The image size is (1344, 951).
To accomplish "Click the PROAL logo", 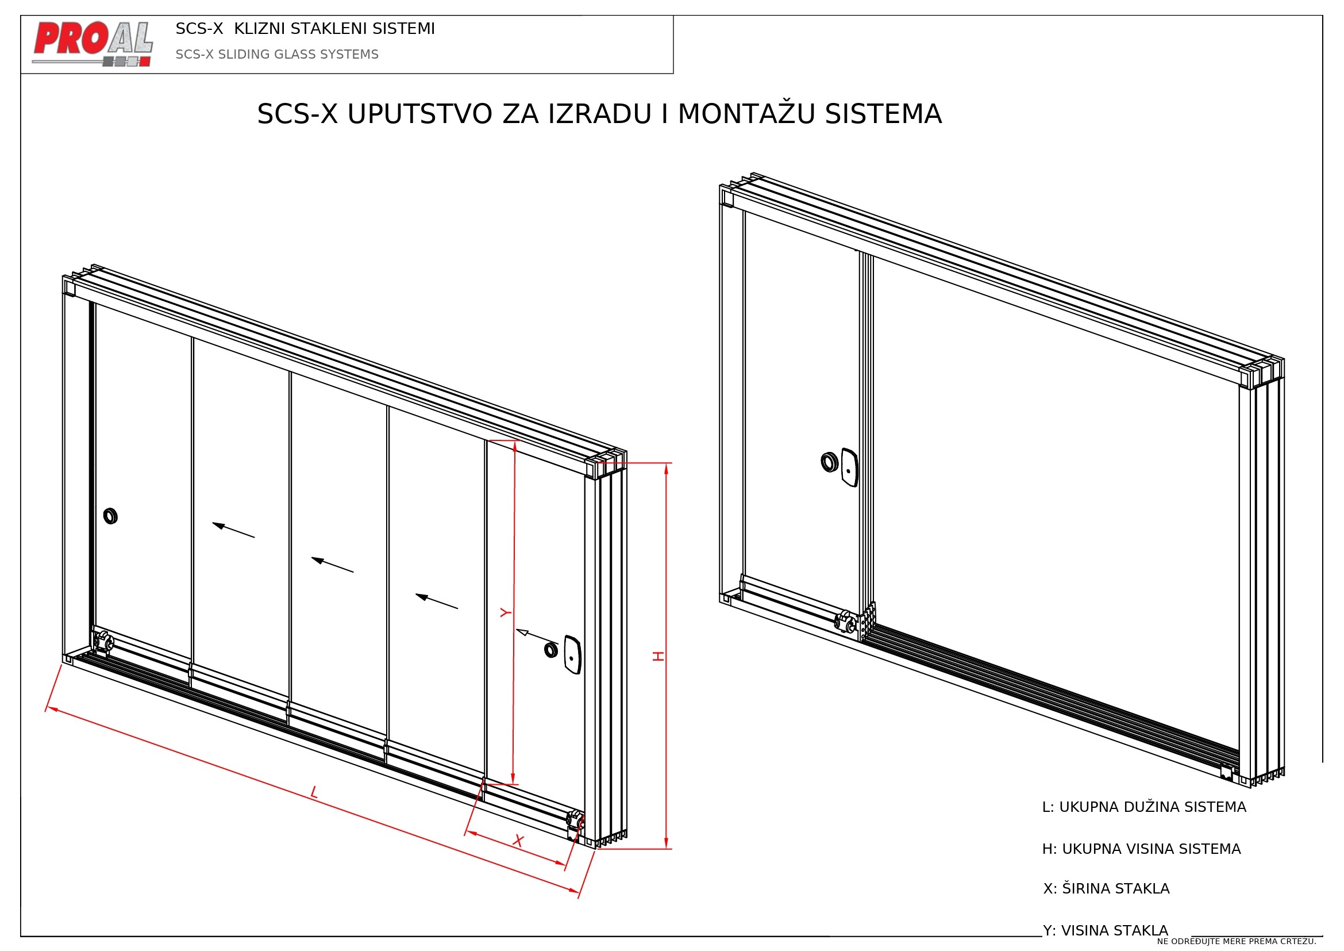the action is pyautogui.click(x=93, y=44).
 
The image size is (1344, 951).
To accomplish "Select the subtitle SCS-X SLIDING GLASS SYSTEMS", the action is pyautogui.click(x=277, y=55).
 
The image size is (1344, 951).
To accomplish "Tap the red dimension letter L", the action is pyautogui.click(x=314, y=793).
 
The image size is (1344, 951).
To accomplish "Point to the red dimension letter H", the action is pyautogui.click(x=658, y=657).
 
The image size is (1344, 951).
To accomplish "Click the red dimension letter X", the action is pyautogui.click(x=518, y=841).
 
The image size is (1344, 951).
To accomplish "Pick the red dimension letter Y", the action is pyautogui.click(x=506, y=612).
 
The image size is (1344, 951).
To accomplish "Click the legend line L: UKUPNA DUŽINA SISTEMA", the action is pyautogui.click(x=1144, y=807).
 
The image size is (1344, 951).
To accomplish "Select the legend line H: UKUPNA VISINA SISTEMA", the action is pyautogui.click(x=1142, y=849).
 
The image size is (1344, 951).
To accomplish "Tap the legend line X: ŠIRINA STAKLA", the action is pyautogui.click(x=1106, y=888).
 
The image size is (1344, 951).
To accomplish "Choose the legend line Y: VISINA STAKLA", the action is pyautogui.click(x=1105, y=930).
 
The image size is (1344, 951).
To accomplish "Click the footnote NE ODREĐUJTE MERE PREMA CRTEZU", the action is pyautogui.click(x=1237, y=942).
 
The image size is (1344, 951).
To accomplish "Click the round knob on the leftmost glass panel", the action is pyautogui.click(x=110, y=516).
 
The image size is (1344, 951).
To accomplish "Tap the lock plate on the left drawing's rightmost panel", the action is pyautogui.click(x=572, y=655).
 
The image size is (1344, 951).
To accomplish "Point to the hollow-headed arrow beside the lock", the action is pyautogui.click(x=537, y=636).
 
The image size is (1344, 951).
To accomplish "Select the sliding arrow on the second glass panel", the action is pyautogui.click(x=233, y=530).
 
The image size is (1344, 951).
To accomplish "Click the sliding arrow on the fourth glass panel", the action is pyautogui.click(x=437, y=601).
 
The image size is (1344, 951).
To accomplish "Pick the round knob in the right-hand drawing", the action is pyautogui.click(x=830, y=462).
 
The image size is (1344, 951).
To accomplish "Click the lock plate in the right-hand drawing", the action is pyautogui.click(x=849, y=467).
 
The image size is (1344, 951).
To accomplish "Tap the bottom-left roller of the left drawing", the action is pyautogui.click(x=103, y=641).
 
